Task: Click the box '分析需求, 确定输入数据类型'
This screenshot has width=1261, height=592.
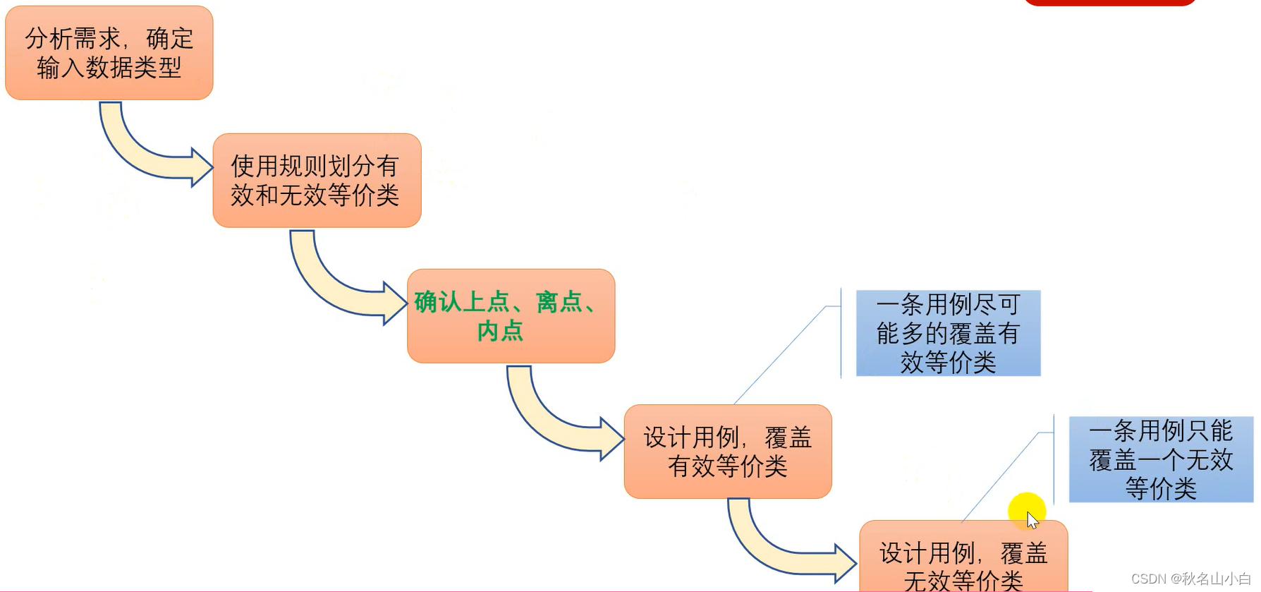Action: point(109,53)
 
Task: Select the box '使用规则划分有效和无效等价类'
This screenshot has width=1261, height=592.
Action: point(317,181)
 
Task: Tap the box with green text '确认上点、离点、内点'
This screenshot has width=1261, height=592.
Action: point(511,316)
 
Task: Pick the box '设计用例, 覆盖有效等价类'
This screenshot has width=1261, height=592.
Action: point(727,452)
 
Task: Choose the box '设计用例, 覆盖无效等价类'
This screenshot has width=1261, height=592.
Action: point(963,561)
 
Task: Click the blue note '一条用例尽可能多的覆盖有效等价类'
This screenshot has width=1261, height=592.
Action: point(948,333)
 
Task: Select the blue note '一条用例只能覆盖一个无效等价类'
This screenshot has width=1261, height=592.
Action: point(1161,459)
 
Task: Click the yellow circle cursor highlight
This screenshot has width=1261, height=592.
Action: point(1026,510)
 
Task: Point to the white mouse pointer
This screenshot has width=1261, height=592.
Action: point(1032,521)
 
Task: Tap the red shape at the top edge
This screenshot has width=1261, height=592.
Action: point(1109,2)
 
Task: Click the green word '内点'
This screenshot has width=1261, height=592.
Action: point(500,331)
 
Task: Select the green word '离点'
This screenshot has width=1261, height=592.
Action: point(558,302)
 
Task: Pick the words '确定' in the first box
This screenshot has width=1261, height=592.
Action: point(170,39)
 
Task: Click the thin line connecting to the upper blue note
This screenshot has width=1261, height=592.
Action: point(779,356)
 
